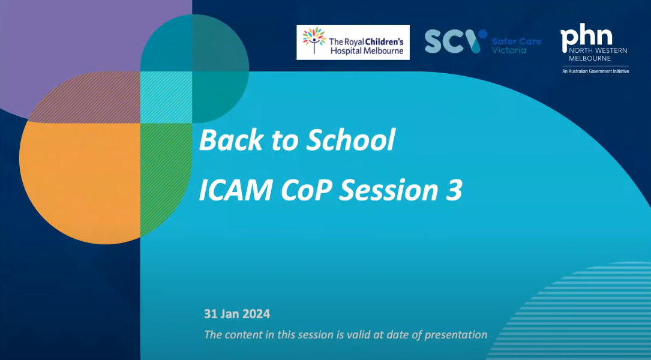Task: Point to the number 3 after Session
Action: coord(454,190)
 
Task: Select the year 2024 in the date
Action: coord(256,314)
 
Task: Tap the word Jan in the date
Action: coord(230,314)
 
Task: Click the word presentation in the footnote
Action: coord(455,335)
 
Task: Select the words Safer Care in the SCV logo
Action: coord(516,41)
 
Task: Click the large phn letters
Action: coord(586,39)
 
